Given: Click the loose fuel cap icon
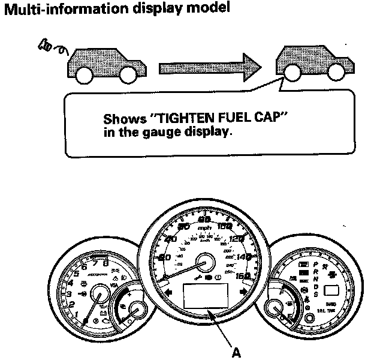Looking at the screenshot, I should click(47, 44).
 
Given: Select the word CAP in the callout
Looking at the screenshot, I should click(268, 119).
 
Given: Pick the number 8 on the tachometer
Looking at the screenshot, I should click(105, 262).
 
